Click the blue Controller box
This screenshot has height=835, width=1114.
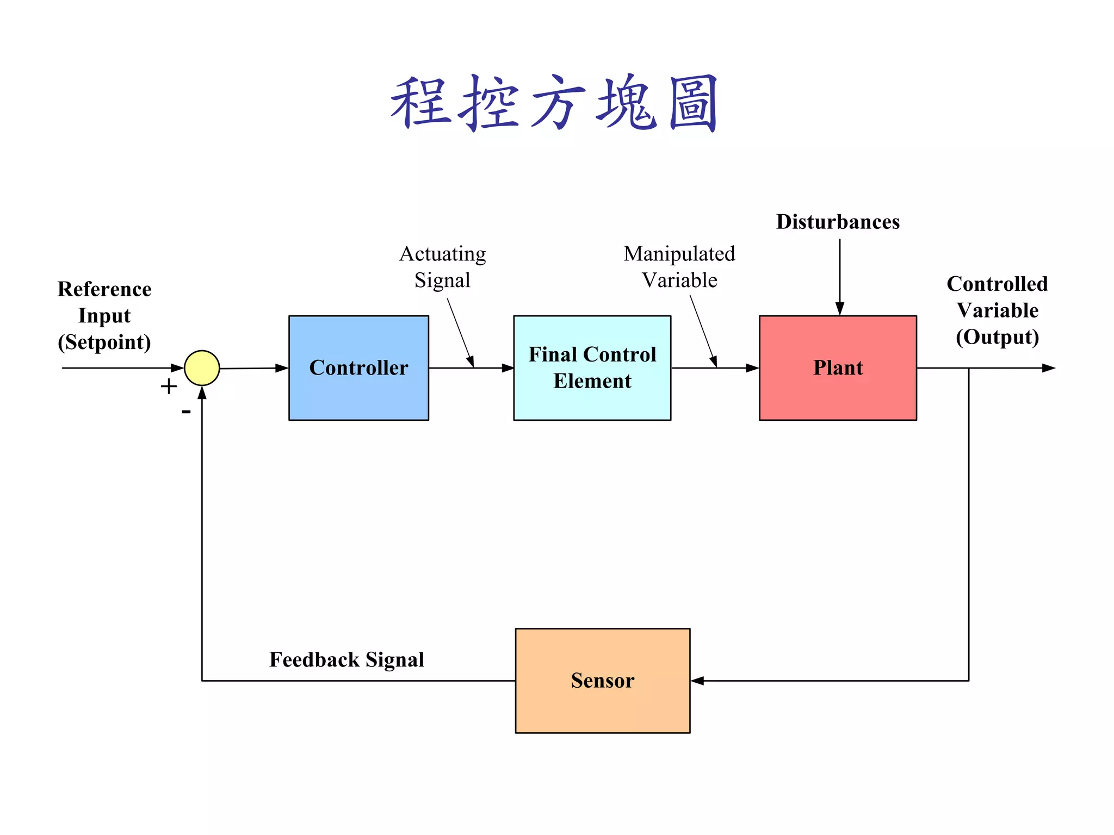[358, 368]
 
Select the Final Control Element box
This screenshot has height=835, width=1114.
[592, 368]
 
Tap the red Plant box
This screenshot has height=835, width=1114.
[838, 368]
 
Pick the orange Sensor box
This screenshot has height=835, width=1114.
[602, 681]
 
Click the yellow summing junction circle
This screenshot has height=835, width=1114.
[202, 368]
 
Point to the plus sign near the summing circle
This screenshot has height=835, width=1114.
[169, 387]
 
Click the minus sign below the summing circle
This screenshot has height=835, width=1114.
[186, 412]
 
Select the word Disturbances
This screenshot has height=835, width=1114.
[838, 222]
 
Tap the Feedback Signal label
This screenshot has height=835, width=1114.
[346, 660]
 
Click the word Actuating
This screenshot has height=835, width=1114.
[442, 254]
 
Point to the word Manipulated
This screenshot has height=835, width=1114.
[679, 254]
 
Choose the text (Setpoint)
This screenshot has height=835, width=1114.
[104, 342]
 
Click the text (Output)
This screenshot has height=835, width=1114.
[997, 337]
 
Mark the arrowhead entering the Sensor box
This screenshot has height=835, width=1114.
[698, 681]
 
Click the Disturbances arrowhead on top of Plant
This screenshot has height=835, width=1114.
[840, 309]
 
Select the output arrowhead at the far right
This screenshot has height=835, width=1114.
[1048, 368]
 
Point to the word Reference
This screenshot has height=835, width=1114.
[104, 289]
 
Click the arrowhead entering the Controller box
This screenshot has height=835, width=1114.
[281, 368]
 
